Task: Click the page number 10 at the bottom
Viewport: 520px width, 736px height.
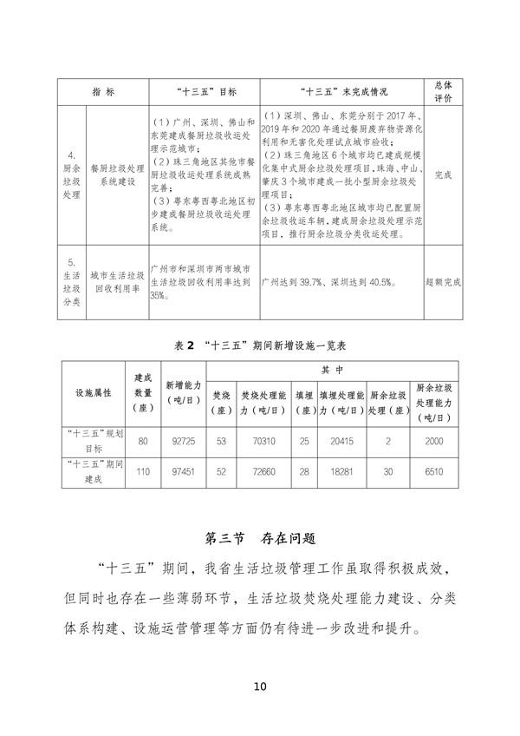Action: coord(260,687)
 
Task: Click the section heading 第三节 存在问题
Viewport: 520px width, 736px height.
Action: coord(259,538)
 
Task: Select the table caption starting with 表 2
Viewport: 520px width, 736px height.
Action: coord(260,345)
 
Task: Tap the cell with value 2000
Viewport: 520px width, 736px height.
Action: coord(436,442)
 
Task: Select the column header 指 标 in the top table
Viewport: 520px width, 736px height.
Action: coord(103,90)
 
